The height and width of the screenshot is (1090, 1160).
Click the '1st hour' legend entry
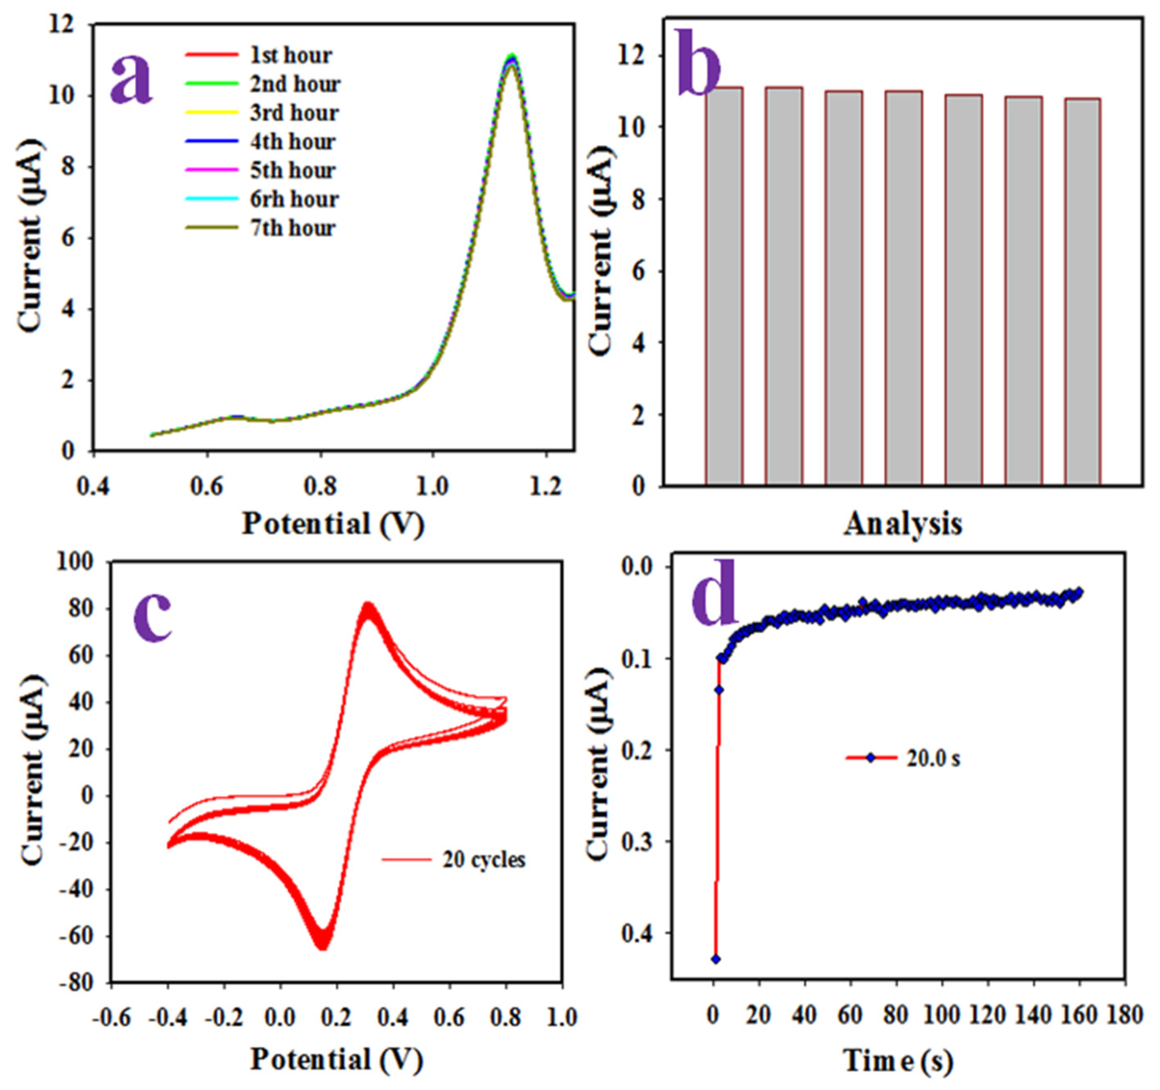(291, 56)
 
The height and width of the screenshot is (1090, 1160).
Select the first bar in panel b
(723, 286)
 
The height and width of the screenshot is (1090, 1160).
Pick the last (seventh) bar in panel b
(1082, 292)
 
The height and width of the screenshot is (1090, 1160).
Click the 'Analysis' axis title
(903, 524)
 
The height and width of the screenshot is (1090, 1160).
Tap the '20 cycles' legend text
(484, 860)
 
